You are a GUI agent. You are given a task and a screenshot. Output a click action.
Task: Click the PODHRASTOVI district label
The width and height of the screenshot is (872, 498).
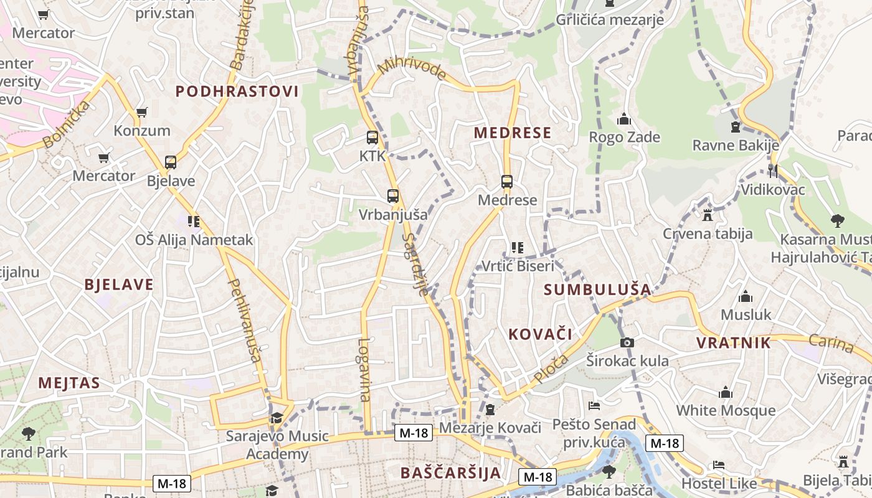click(x=237, y=92)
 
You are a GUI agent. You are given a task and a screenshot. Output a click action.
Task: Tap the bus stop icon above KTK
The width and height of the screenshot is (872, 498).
click(x=372, y=138)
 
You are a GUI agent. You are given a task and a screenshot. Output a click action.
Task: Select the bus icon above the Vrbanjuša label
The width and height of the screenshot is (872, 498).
click(x=392, y=196)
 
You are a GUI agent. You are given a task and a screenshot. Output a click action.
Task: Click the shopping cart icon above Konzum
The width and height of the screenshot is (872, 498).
click(x=142, y=113)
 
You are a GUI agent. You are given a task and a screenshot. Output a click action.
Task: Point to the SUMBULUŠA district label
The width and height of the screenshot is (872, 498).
click(x=597, y=289)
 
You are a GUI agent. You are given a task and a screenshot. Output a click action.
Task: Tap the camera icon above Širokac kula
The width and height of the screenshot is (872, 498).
click(x=627, y=342)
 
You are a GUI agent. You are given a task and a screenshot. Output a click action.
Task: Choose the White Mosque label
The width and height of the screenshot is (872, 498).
click(x=726, y=410)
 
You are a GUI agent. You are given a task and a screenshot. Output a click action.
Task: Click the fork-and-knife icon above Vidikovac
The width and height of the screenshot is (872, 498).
click(x=773, y=171)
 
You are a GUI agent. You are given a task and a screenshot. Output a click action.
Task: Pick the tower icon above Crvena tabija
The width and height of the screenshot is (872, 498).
click(x=707, y=215)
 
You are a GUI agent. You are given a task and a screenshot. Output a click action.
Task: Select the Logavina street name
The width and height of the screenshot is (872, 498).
click(x=364, y=370)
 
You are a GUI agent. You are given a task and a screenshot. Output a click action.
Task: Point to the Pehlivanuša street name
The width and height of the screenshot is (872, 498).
click(x=245, y=320)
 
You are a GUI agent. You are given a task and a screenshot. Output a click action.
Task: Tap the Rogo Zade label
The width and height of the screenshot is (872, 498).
click(x=624, y=137)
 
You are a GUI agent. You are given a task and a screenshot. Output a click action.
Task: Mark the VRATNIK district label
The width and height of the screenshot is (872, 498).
click(x=733, y=343)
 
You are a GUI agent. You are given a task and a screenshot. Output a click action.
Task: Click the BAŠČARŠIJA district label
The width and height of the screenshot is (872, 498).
click(x=451, y=472)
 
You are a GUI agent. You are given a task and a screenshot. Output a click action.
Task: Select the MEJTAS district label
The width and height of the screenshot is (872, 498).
click(x=69, y=383)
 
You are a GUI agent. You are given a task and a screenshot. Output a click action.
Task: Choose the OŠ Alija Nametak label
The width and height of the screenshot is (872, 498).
click(x=194, y=240)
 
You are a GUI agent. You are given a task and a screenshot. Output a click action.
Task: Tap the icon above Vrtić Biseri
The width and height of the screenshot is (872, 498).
click(x=517, y=248)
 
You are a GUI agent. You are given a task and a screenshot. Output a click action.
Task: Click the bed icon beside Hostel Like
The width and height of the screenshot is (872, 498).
click(x=718, y=465)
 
